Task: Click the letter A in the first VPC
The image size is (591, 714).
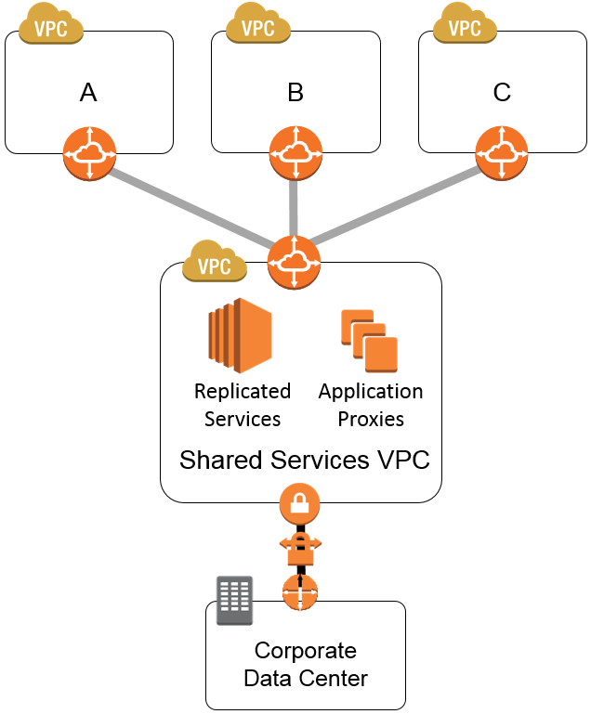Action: pyautogui.click(x=88, y=93)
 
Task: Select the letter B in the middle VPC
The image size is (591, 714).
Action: pyautogui.click(x=295, y=93)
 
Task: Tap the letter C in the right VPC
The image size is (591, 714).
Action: pyautogui.click(x=502, y=92)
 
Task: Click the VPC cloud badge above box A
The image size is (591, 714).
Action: pyautogui.click(x=50, y=24)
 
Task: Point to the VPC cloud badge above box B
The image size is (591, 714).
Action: pyautogui.click(x=258, y=24)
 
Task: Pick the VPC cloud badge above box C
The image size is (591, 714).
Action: pyautogui.click(x=465, y=24)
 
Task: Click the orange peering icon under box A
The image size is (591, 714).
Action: pyautogui.click(x=89, y=153)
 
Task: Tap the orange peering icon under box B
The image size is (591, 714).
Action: pyautogui.click(x=295, y=153)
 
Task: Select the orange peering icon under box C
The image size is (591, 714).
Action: pyautogui.click(x=502, y=153)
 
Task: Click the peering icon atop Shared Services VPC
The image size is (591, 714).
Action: pyautogui.click(x=294, y=262)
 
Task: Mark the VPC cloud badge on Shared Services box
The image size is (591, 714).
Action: pyautogui.click(x=215, y=262)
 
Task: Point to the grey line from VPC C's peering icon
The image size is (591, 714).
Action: pyautogui.click(x=396, y=204)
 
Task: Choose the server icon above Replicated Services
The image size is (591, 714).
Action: pyautogui.click(x=240, y=335)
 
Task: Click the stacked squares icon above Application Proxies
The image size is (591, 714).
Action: pyautogui.click(x=370, y=340)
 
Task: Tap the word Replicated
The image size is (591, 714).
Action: pyautogui.click(x=243, y=391)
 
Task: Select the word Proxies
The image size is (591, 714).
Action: pyautogui.click(x=371, y=419)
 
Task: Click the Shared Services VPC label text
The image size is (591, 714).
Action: pyautogui.click(x=305, y=460)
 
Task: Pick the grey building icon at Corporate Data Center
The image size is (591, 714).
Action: pyautogui.click(x=235, y=601)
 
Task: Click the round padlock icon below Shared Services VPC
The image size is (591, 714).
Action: pyautogui.click(x=299, y=504)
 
